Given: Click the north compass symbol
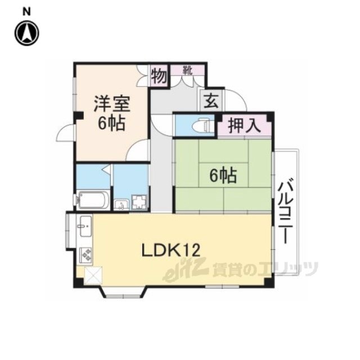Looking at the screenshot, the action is coord(27,33).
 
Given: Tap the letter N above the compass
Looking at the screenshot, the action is coord(27,12).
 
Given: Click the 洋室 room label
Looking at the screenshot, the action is coord(112,104).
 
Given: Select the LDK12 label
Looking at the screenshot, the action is coord(171,250).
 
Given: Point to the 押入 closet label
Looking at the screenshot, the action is coord(244,125).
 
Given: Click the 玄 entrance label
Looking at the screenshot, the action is coord(211,101).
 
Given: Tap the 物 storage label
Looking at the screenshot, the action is coord(159,76).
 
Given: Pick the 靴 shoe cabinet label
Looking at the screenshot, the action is coord(187,70).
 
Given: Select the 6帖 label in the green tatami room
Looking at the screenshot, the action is coord(223,176).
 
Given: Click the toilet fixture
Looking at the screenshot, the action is coord(203,125).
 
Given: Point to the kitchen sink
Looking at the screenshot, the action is coord(84,226).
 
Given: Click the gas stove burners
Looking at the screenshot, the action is coord(86,255).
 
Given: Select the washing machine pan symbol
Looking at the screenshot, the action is coord(139,202).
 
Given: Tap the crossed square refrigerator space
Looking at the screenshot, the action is coord(93,276).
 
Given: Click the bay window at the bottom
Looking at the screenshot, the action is coord(123,292).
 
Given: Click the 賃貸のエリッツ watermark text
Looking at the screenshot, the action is coord(265,269).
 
